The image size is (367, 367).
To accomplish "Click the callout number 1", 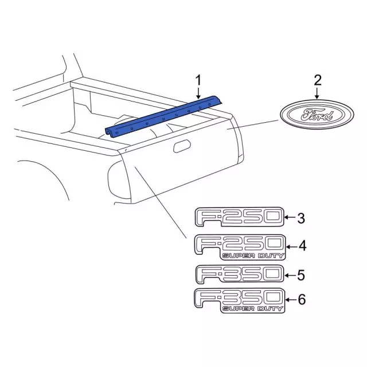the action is coord(198,80).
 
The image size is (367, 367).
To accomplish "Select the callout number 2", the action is coord(317,80).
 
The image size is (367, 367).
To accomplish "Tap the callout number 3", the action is coord(301,218).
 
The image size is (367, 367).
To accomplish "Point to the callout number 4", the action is coord(302,246).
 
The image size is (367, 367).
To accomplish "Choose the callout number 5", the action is coord(301,275).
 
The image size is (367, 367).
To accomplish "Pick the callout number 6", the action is coord(302,299).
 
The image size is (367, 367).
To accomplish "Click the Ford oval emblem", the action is coord(317,115).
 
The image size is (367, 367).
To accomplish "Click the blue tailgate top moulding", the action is coord(163,117).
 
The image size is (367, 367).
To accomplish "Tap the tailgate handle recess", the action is coord(182,146).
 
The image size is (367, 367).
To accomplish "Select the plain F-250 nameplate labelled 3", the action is coord(239,217).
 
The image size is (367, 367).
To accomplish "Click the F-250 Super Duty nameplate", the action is coord(240,247).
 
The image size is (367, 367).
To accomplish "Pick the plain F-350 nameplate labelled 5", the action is coord(239,274).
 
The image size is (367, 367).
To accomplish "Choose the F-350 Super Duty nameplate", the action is coord(240,300).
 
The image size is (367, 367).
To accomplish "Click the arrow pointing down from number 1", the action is coord(198,93).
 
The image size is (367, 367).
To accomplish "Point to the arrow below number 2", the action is coord(317,93).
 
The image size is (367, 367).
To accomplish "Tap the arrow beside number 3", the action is coord(290,217).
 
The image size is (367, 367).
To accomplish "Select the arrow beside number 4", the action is coord(292,247).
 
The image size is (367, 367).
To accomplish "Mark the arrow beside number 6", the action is coord(291,299).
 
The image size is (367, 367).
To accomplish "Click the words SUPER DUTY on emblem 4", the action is coord(253,256).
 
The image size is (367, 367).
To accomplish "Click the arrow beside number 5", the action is coord(290,275).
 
